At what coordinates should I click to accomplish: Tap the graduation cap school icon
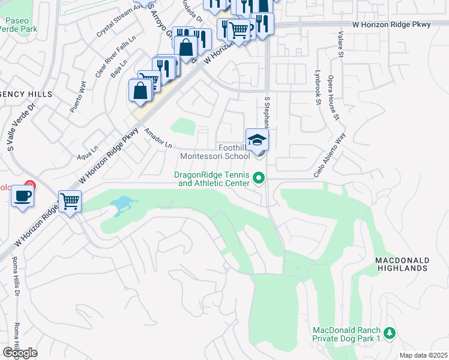(x=257, y=140)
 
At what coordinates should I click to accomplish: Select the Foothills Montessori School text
(x=215, y=152)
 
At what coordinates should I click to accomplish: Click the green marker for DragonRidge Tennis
(x=259, y=178)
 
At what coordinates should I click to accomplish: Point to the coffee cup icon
(x=22, y=196)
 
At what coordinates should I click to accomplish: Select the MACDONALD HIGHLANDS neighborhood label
(x=402, y=264)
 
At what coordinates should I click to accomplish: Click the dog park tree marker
(x=390, y=332)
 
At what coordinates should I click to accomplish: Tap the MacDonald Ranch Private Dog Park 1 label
(x=346, y=335)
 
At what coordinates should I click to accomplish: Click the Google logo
(x=20, y=353)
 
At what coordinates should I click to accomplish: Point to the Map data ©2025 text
(x=423, y=355)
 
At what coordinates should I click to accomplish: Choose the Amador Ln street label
(x=157, y=138)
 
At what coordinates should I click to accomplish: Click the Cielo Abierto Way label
(x=330, y=155)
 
